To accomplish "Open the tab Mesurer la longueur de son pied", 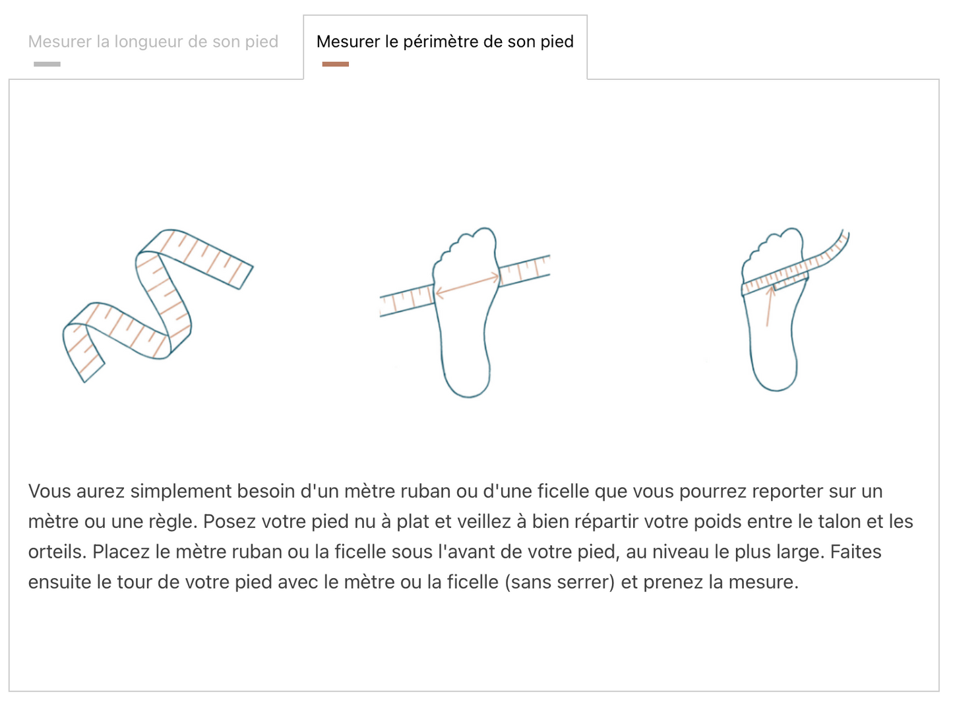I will pyautogui.click(x=153, y=42).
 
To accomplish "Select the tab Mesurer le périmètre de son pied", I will pyautogui.click(x=445, y=42).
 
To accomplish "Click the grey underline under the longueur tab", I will pyautogui.click(x=47, y=64).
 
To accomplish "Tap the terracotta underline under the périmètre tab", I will pyautogui.click(x=335, y=64).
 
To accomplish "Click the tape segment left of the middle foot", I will pyautogui.click(x=406, y=301).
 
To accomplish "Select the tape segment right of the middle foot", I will pyautogui.click(x=525, y=269).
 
